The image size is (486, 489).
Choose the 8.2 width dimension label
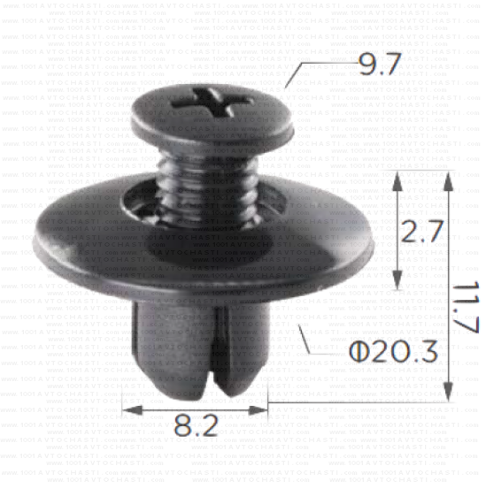coord(197,426)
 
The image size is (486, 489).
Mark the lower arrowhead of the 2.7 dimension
coord(397,281)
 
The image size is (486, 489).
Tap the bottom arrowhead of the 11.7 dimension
coord(449,393)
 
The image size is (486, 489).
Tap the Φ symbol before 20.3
coord(356,353)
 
